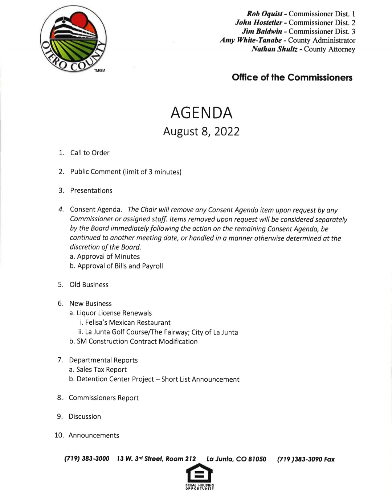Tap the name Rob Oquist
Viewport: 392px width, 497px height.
[x=264, y=14]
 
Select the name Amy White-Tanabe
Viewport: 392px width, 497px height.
[x=250, y=40]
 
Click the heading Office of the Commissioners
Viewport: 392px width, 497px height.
[x=292, y=77]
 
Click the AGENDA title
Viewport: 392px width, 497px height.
[x=201, y=113]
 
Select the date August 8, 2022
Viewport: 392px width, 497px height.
[x=201, y=131]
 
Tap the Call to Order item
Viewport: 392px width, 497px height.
[x=90, y=153]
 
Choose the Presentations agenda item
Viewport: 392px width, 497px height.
[x=91, y=190]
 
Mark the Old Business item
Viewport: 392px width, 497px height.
[x=89, y=285]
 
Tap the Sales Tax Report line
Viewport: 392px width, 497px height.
[x=101, y=370]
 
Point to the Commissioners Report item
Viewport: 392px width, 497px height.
[x=103, y=398]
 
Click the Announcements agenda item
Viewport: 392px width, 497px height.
[x=94, y=435]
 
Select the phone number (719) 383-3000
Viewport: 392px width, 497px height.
[x=87, y=459]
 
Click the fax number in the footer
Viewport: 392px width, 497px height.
[x=306, y=459]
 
